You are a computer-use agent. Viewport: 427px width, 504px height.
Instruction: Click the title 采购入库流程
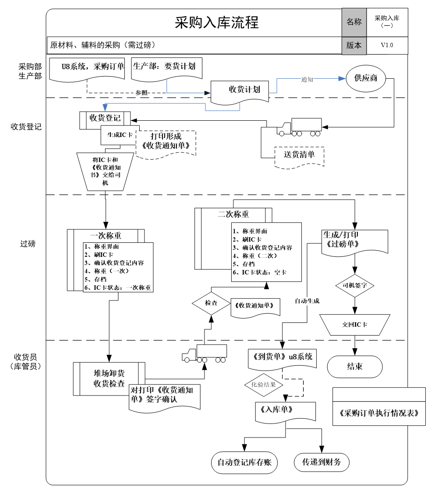(x=216, y=22)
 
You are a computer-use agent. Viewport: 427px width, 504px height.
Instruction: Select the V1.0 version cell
(x=387, y=45)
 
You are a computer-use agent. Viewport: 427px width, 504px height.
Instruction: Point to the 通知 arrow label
(x=307, y=79)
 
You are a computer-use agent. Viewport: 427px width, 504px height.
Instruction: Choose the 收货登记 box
(x=105, y=118)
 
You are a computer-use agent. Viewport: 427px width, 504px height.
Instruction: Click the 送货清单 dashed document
(x=299, y=155)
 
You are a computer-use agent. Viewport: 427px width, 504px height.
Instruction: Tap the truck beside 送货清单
(x=299, y=127)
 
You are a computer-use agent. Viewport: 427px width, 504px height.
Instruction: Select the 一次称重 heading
(x=106, y=235)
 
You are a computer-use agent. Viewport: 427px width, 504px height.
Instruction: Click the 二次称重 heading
(x=233, y=214)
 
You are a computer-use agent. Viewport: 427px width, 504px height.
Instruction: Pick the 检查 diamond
(x=211, y=303)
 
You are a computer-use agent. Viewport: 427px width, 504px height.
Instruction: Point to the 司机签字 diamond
(x=355, y=286)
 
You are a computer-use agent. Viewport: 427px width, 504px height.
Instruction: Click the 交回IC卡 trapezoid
(x=355, y=325)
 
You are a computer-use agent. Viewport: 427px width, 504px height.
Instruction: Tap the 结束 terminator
(x=355, y=367)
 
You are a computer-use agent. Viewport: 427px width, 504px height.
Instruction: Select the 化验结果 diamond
(x=263, y=385)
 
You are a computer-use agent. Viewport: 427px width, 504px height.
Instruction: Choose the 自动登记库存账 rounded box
(x=244, y=462)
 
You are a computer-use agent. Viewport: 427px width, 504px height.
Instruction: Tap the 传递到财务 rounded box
(x=321, y=462)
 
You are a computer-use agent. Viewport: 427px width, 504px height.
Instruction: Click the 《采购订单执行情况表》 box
(x=379, y=413)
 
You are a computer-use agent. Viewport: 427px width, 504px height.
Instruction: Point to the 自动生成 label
(x=307, y=301)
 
